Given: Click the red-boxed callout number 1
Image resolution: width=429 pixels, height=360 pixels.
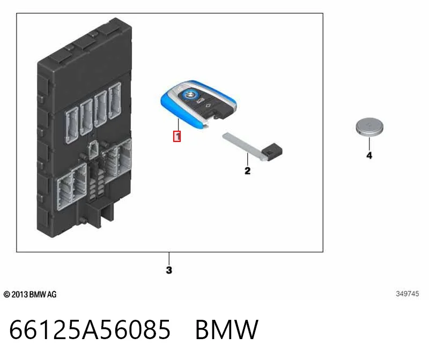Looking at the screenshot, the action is point(177,137).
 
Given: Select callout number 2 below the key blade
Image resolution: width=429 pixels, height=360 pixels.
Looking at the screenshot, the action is point(247,171).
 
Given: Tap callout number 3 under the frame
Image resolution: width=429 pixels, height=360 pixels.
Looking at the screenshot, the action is point(169,270).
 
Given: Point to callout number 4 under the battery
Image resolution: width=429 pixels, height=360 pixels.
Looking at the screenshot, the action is point(369,155).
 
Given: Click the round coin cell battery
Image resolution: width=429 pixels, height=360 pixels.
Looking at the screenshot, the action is point(369,127).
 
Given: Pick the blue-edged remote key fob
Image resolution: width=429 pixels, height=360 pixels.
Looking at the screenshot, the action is point(198,104).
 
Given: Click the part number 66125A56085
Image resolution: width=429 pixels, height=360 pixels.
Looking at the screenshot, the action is point(90,329).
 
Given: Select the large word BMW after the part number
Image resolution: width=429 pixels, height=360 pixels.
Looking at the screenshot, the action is point(226,329).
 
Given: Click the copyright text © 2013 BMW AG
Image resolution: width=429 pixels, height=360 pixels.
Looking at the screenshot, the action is point(30,295).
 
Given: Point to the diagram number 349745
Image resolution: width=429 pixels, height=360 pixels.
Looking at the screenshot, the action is point(407,294).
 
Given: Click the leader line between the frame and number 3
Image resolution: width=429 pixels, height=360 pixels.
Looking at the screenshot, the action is point(169,259).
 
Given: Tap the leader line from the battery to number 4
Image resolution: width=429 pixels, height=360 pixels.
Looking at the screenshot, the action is point(369,143).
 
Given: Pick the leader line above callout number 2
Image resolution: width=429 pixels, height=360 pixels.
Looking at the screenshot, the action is point(247,159).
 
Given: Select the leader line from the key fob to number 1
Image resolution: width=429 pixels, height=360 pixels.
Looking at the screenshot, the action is point(178,125).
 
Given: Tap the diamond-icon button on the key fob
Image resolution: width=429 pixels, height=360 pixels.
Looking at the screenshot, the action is point(209,106).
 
